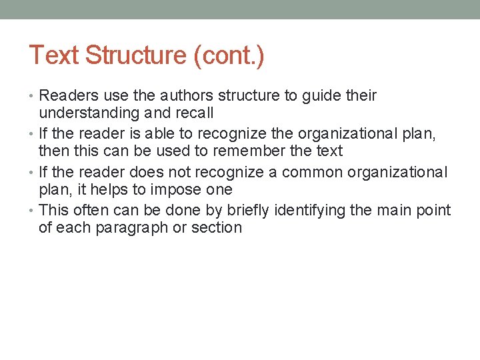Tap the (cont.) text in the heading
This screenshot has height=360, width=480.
tap(229, 55)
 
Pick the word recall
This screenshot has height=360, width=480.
tap(194, 113)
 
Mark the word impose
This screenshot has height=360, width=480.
tap(177, 190)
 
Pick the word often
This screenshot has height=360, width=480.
tap(90, 211)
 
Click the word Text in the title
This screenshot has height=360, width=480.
tap(54, 55)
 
